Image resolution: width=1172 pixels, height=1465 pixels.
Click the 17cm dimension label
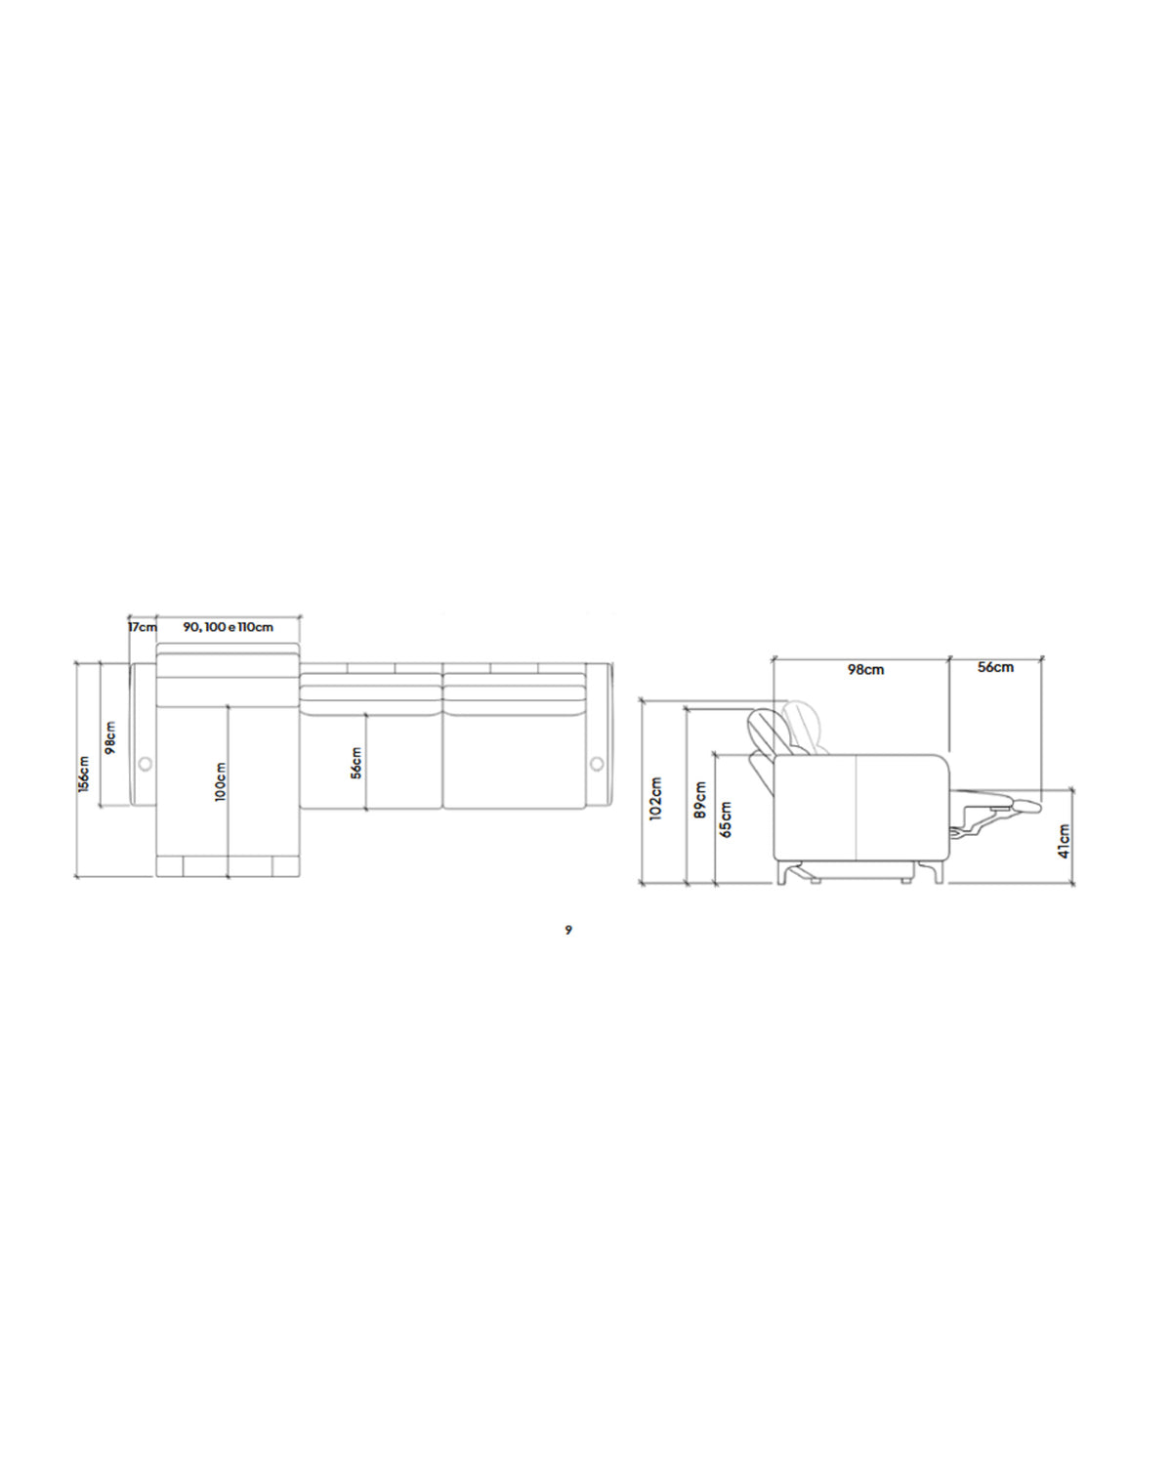point(143,627)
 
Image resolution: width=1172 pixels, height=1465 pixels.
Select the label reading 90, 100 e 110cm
point(229,627)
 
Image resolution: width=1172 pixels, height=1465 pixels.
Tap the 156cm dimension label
point(84,774)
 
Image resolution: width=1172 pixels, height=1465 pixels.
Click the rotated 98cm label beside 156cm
point(110,738)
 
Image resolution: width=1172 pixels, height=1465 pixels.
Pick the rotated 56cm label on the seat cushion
point(356,763)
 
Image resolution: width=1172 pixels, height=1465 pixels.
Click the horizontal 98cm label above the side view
point(865,670)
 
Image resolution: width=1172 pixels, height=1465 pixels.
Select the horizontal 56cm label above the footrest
point(995,668)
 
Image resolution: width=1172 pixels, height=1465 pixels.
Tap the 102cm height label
point(655,799)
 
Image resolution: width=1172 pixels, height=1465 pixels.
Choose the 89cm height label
point(700,800)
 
